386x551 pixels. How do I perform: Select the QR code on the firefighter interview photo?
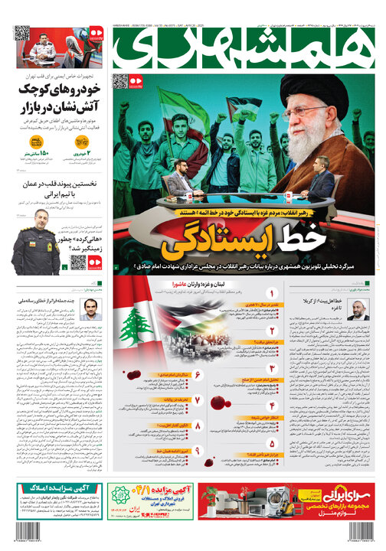(23, 34)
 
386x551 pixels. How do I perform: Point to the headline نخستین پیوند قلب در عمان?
(60, 184)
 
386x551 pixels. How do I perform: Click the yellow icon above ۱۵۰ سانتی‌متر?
(36, 143)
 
